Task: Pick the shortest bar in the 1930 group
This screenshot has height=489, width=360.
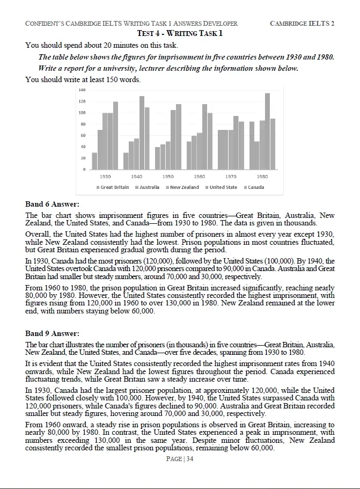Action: point(94,161)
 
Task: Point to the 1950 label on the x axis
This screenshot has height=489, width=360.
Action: point(168,176)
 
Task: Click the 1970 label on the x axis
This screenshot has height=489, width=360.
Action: point(231,176)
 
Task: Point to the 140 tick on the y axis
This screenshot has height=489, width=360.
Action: point(82,90)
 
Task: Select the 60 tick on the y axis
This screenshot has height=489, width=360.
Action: point(83,135)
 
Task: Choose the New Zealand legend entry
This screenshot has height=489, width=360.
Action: point(184,187)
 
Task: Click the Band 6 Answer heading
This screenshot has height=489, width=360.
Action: point(52,204)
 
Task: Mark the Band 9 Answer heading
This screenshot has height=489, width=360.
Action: point(52,333)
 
